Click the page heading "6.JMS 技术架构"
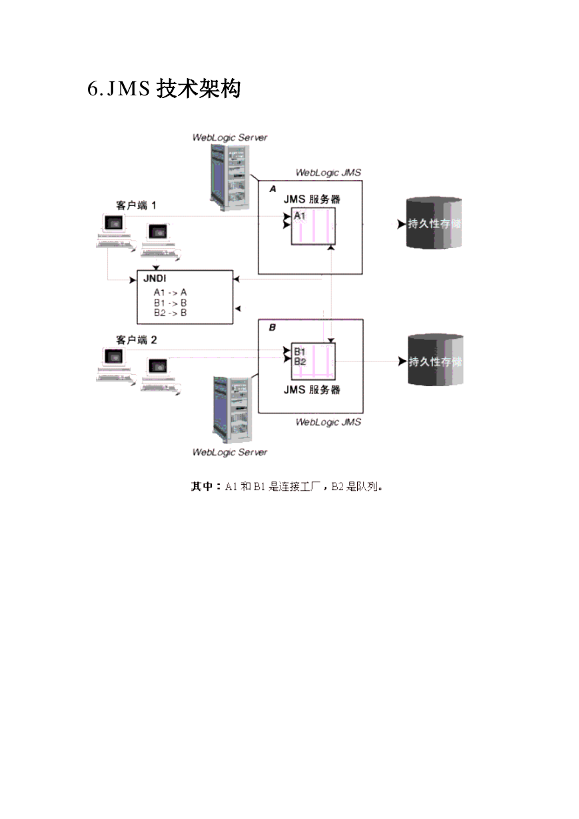pyautogui.click(x=164, y=89)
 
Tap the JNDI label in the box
pyautogui.click(x=155, y=279)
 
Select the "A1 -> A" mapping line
pyautogui.click(x=170, y=293)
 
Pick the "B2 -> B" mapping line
pyautogui.click(x=170, y=313)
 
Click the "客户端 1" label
pyautogui.click(x=137, y=205)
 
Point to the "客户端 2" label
pyautogui.click(x=137, y=340)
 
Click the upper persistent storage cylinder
pyautogui.click(x=434, y=223)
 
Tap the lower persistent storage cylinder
pyautogui.click(x=435, y=359)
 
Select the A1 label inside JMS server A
pyautogui.click(x=300, y=215)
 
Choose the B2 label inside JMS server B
pyautogui.click(x=300, y=361)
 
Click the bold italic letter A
pyautogui.click(x=273, y=189)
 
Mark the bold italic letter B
pyautogui.click(x=273, y=327)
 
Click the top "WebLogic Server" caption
pyautogui.click(x=230, y=138)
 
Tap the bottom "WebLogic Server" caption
pyautogui.click(x=230, y=453)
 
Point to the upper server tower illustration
pyautogui.click(x=230, y=177)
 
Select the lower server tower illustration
pyautogui.click(x=233, y=410)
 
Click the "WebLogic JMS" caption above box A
pyautogui.click(x=328, y=173)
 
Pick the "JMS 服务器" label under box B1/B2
pyautogui.click(x=312, y=389)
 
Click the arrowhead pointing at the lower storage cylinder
pyautogui.click(x=402, y=361)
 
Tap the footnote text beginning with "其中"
pyautogui.click(x=287, y=487)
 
